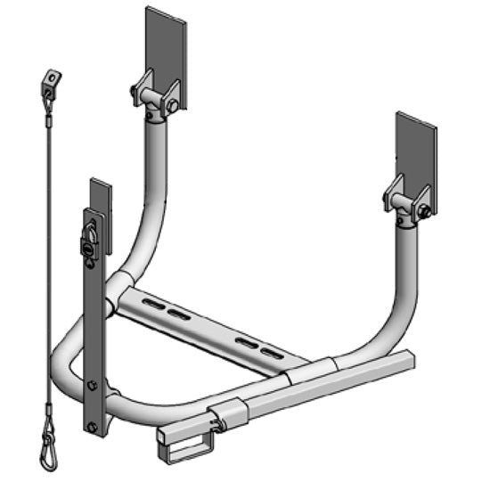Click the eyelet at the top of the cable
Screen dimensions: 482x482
pyautogui.click(x=51, y=80)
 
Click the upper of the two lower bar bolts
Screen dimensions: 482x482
pyautogui.click(x=93, y=386)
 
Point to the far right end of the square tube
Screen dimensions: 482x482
pyautogui.click(x=411, y=361)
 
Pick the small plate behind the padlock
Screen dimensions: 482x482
pyautogui.click(x=101, y=205)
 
